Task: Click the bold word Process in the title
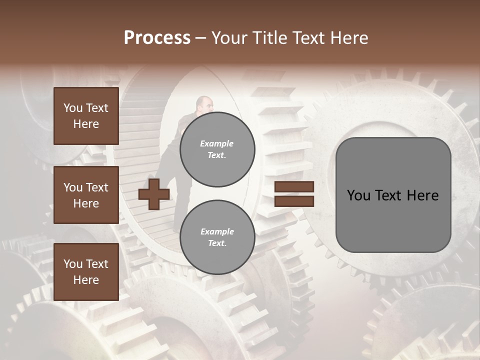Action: [157, 38]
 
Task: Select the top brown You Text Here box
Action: [86, 116]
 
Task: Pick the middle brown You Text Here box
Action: [86, 195]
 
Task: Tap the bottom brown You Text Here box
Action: [86, 272]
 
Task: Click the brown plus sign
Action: [154, 194]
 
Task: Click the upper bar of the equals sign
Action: [294, 187]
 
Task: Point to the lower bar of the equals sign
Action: [294, 201]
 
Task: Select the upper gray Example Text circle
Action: [217, 149]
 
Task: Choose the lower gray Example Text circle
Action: [217, 237]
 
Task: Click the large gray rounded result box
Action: [393, 195]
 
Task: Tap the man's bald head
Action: [203, 103]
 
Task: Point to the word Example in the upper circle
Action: [217, 143]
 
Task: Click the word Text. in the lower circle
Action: [217, 243]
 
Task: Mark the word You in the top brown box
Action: [73, 108]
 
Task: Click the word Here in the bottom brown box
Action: [86, 280]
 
